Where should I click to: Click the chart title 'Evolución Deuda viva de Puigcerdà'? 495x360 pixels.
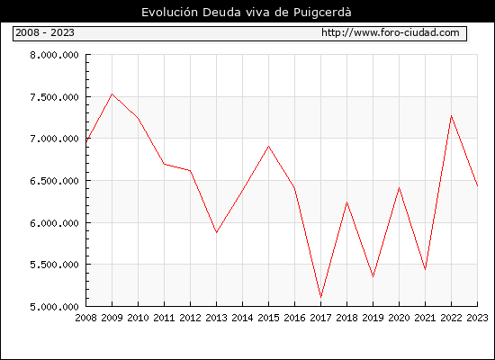[247, 13]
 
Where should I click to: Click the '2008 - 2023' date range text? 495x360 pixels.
[45, 32]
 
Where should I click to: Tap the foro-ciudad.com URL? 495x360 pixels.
[391, 32]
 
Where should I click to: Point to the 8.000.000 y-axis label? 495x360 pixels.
[54, 55]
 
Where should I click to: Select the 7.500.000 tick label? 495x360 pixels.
[54, 97]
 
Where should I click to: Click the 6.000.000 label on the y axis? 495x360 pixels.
[54, 223]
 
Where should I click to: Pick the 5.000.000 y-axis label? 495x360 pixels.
[54, 307]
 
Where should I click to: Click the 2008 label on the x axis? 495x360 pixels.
[85, 318]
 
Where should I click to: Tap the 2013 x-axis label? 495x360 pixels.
[216, 318]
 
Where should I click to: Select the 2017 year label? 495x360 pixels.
[320, 318]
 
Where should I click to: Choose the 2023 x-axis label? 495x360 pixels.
[477, 318]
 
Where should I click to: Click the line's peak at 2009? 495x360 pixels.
[112, 94]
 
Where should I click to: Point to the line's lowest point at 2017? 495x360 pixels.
[320, 297]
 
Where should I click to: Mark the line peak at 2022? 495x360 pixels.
[452, 115]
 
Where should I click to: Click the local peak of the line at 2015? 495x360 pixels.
[269, 146]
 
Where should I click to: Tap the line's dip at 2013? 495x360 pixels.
[216, 232]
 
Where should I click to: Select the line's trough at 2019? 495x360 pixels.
[373, 276]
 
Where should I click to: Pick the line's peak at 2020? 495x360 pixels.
[399, 188]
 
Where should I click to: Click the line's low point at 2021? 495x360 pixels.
[425, 269]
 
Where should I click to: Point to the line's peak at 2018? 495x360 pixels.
[346, 202]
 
